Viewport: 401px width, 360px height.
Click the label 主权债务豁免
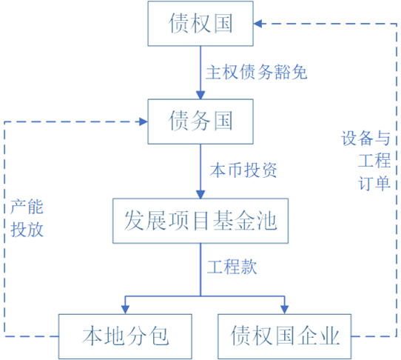[257, 72]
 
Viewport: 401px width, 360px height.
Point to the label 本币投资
[243, 170]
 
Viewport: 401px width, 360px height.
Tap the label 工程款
[232, 267]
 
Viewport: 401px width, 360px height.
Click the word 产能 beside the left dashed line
[27, 207]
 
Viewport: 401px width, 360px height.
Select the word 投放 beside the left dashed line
[27, 229]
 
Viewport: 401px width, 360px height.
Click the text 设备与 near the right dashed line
[365, 138]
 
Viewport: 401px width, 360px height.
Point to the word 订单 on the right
[374, 183]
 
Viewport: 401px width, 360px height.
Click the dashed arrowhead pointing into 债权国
[257, 24]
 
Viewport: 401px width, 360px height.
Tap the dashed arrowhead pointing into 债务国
[144, 121]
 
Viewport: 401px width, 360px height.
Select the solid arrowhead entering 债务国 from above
[200, 95]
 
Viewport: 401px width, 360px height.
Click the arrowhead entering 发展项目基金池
[200, 194]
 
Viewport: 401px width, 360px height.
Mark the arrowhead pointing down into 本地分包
[125, 310]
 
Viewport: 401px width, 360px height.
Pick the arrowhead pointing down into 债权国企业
[284, 310]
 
